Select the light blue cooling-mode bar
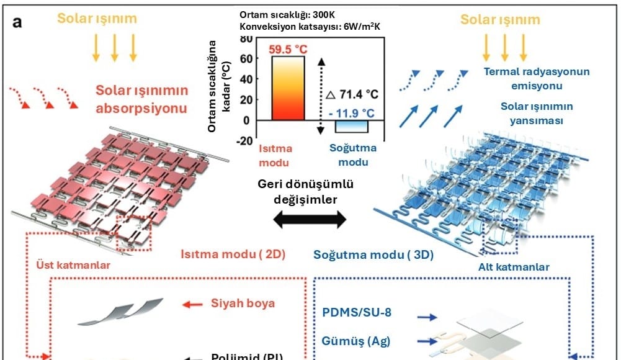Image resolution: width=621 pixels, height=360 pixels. point(352,126)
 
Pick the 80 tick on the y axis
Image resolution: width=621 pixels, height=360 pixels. point(246,38)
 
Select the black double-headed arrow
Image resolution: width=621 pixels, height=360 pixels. point(310,218)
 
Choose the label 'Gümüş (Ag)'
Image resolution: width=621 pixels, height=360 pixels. point(356,340)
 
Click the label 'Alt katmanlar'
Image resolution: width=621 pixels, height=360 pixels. point(514,268)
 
